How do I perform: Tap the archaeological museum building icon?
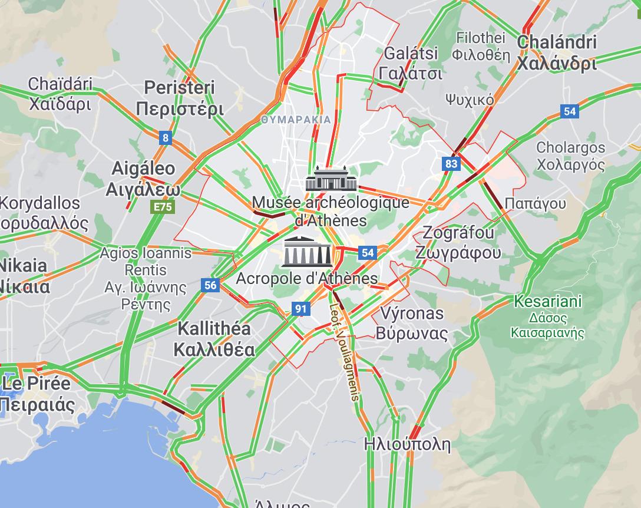click(331, 179)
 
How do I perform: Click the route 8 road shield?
click(166, 138)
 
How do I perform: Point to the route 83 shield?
click(451, 164)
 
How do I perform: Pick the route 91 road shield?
click(301, 308)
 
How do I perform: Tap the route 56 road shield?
click(210, 286)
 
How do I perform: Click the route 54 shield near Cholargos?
click(569, 111)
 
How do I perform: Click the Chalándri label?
click(557, 52)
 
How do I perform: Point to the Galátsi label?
click(411, 63)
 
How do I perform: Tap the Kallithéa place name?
click(214, 339)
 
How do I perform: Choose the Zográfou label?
click(458, 242)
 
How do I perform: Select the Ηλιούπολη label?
click(407, 444)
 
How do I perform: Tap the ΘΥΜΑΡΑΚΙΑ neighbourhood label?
click(296, 119)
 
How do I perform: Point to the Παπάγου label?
click(535, 204)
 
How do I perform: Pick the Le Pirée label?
click(37, 394)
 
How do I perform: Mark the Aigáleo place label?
click(143, 179)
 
